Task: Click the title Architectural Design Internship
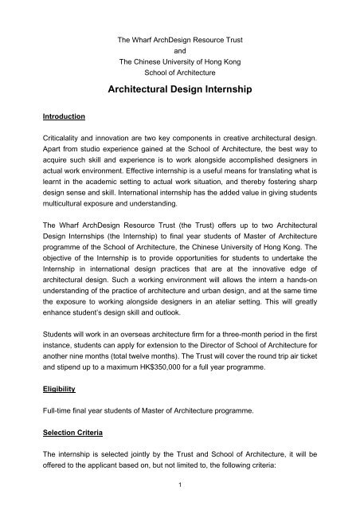click(179, 91)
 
